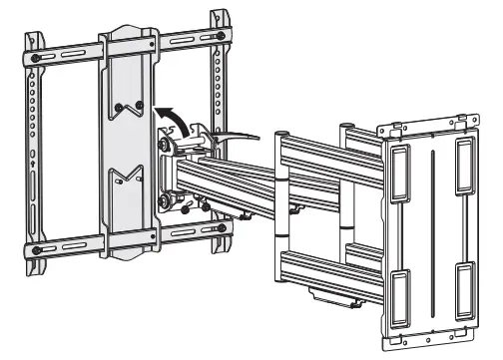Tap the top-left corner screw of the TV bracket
(x=37, y=56)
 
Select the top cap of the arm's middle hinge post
(x=283, y=133)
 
